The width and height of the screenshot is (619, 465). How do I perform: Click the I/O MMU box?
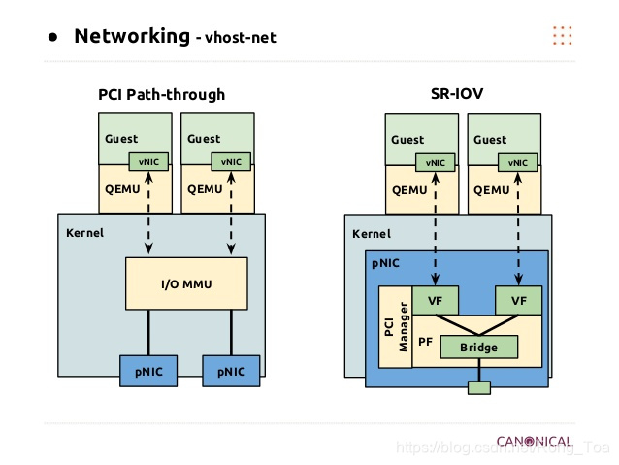pyautogui.click(x=186, y=283)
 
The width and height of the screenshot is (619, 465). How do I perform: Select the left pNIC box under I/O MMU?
pyautogui.click(x=148, y=371)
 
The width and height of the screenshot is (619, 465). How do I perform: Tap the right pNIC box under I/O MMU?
pyautogui.click(x=231, y=371)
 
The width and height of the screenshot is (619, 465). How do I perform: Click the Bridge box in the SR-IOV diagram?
pyautogui.click(x=479, y=347)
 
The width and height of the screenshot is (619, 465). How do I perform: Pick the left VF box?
pyautogui.click(x=435, y=301)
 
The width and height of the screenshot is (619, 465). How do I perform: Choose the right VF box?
pyautogui.click(x=517, y=301)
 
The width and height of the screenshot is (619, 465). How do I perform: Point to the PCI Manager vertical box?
pyautogui.click(x=393, y=326)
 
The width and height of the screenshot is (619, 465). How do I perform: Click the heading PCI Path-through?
pyautogui.click(x=161, y=94)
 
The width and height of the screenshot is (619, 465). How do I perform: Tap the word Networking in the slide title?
pyautogui.click(x=132, y=37)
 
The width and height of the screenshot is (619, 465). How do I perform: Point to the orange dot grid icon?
pyautogui.click(x=563, y=36)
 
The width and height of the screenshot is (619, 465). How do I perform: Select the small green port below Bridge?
pyautogui.click(x=479, y=388)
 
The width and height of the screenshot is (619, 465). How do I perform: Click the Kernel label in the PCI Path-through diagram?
pyautogui.click(x=84, y=233)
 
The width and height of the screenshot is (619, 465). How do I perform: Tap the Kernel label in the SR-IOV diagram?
pyautogui.click(x=372, y=234)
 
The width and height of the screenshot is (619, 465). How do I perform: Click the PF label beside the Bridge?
pyautogui.click(x=425, y=342)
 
